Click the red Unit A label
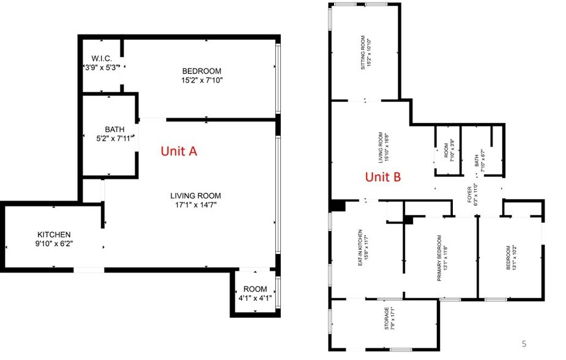pyautogui.click(x=178, y=151)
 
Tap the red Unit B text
pyautogui.click(x=383, y=178)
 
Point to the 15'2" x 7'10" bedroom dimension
pyautogui.click(x=201, y=80)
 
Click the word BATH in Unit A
pyautogui.click(x=114, y=129)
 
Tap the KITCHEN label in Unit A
pyautogui.click(x=54, y=234)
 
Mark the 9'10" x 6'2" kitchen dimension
pyautogui.click(x=54, y=244)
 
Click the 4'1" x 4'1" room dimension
pyautogui.click(x=255, y=298)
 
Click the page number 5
pyautogui.click(x=523, y=343)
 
